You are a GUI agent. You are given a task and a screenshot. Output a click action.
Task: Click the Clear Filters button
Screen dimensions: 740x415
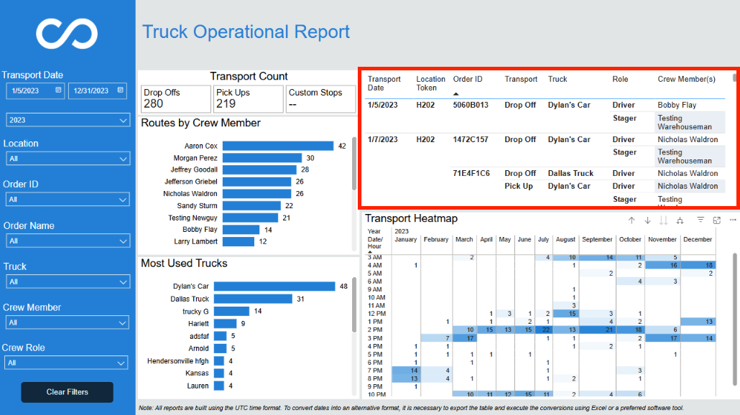[67, 392]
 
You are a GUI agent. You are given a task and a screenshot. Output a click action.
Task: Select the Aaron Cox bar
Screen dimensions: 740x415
[278, 146]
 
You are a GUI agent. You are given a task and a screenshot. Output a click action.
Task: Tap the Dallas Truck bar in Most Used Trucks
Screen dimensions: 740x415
[253, 299]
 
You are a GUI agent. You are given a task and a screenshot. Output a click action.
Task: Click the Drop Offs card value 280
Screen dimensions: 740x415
[153, 103]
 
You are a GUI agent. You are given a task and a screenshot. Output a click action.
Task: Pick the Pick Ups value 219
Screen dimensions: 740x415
[226, 103]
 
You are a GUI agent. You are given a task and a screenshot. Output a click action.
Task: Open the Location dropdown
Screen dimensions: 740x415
[67, 159]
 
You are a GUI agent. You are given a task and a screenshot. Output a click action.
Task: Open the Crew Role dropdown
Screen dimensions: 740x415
[66, 363]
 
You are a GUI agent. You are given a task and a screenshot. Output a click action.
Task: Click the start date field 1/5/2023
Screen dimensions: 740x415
[35, 90]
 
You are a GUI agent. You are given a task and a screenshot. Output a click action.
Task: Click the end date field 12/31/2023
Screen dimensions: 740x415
[98, 90]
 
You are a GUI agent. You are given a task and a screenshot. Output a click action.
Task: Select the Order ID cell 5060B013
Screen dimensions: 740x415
[471, 105]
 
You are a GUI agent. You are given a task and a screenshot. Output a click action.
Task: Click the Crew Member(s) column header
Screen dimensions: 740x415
[686, 79]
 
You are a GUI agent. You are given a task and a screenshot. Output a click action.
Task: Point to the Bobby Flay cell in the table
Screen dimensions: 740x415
[677, 105]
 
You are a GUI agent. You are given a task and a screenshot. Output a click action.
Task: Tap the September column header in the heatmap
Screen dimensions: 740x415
[597, 240]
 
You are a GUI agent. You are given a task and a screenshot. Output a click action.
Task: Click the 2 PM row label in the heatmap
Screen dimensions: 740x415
[375, 330]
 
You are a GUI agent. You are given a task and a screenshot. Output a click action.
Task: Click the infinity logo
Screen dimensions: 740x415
[67, 34]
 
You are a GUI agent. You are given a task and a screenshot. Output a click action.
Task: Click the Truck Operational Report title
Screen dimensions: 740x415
[246, 32]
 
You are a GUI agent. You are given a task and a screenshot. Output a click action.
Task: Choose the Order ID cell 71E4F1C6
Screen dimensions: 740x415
[471, 174]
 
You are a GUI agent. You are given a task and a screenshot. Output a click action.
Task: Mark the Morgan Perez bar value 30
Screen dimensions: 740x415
[310, 158]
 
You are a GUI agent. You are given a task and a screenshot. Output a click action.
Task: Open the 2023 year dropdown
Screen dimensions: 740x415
[68, 120]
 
